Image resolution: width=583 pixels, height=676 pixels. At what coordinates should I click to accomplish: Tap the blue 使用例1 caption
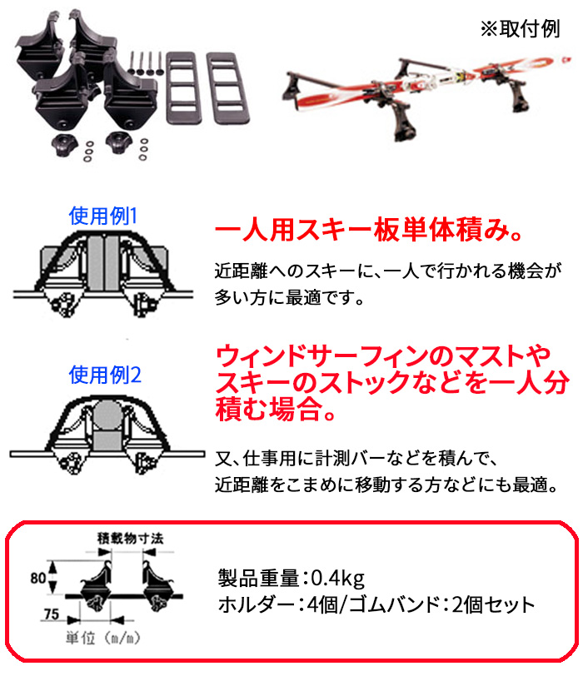103,216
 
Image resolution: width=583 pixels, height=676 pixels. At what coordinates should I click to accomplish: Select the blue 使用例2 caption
104,373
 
